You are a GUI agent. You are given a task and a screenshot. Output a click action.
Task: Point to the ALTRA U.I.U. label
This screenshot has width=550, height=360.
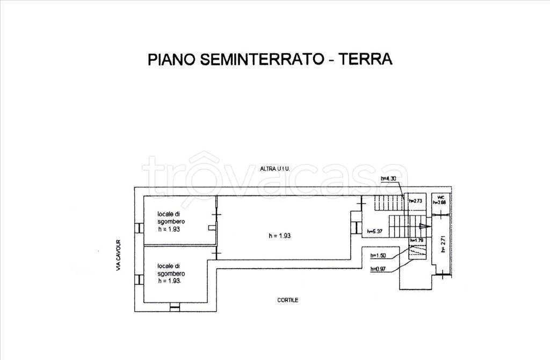click(x=275, y=169)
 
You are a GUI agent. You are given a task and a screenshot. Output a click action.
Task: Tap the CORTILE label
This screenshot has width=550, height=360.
click(x=288, y=300)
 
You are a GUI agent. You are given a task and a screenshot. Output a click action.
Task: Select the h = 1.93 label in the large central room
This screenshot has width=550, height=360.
click(x=279, y=235)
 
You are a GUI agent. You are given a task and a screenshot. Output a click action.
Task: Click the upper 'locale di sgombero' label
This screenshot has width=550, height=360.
click(x=170, y=221)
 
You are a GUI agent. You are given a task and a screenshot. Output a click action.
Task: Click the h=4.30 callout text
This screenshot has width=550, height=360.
click(x=387, y=178)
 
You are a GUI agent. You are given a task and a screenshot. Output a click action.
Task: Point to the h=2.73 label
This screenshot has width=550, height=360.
click(x=416, y=201)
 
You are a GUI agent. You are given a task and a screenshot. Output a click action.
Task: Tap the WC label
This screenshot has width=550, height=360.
click(x=439, y=197)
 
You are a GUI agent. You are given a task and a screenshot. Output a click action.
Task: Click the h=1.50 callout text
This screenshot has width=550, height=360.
click(x=378, y=256)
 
